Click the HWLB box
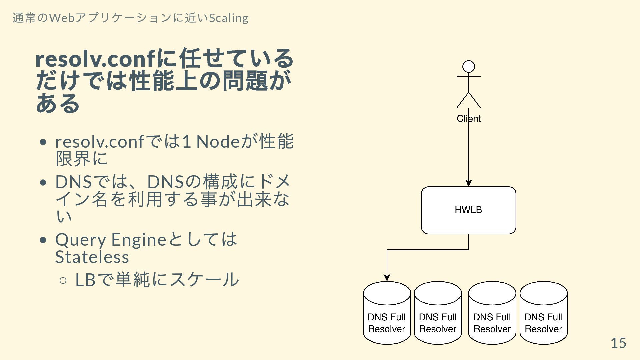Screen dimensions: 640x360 [x=468, y=210]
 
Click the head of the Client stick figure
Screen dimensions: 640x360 [x=469, y=67]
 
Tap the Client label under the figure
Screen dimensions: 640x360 [x=469, y=118]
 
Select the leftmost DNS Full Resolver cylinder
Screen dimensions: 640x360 [x=387, y=313]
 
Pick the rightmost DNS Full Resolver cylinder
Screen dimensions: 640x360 [x=543, y=313]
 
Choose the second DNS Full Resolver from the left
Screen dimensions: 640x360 [x=438, y=313]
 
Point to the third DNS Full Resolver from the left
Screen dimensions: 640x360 [x=492, y=313]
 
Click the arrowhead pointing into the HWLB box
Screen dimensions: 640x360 [x=469, y=183]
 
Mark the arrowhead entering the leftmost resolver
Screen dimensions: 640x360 [x=387, y=278]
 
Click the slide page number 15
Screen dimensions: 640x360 [x=618, y=343]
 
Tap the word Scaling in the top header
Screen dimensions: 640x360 [x=229, y=18]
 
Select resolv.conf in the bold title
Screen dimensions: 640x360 [x=95, y=59]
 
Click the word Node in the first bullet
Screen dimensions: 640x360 [x=218, y=141]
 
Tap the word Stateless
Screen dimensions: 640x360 [x=92, y=257]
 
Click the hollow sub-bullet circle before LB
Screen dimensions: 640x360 [x=63, y=280]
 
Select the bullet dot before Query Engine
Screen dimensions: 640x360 [x=43, y=240]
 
